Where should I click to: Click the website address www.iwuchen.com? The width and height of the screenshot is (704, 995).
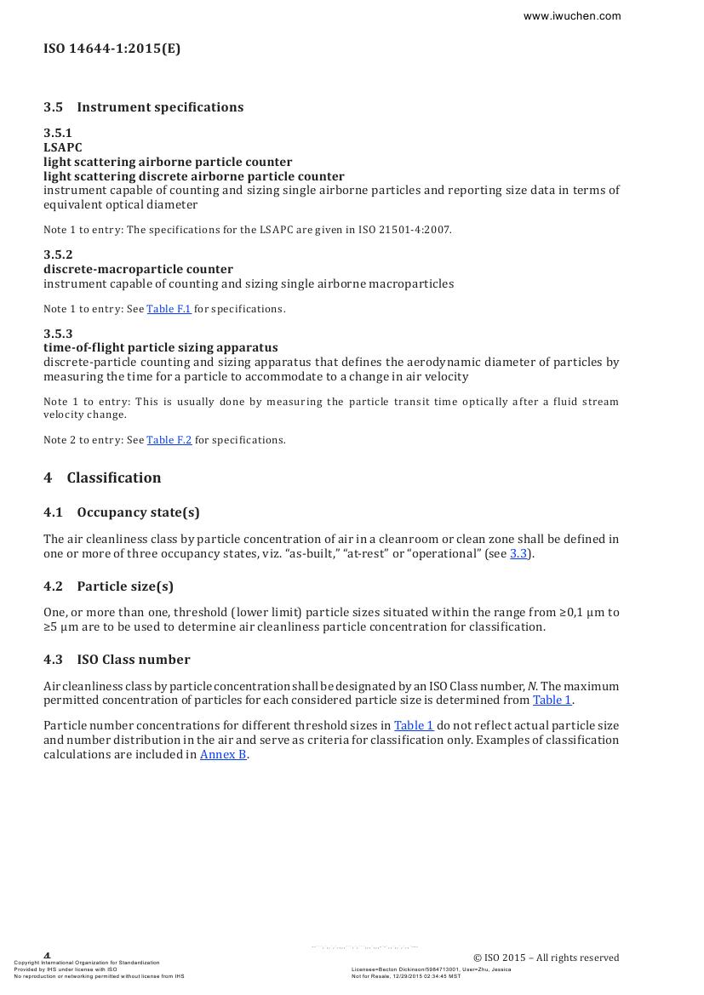[571, 16]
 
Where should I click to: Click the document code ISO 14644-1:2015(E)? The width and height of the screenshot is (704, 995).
[112, 49]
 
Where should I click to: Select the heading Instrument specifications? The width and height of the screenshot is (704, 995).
[160, 107]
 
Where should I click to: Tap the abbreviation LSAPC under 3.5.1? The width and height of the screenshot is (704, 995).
[63, 147]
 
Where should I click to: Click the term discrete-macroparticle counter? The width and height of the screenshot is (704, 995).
[138, 269]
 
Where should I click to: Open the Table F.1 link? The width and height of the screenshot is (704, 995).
[169, 309]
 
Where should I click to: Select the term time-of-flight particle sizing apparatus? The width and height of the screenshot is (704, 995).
[160, 347]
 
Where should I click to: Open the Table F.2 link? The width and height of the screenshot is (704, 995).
[169, 440]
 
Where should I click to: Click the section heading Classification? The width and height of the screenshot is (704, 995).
[114, 477]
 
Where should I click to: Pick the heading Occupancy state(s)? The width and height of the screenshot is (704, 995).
[138, 512]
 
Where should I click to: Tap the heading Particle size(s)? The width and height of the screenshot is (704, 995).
[125, 586]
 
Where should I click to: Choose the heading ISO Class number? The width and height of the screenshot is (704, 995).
[134, 660]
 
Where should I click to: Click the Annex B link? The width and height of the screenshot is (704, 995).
[223, 755]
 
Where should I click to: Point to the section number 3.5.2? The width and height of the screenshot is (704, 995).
[58, 254]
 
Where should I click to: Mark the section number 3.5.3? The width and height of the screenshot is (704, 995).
[58, 334]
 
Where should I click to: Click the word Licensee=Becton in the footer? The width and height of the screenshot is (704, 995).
[375, 969]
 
